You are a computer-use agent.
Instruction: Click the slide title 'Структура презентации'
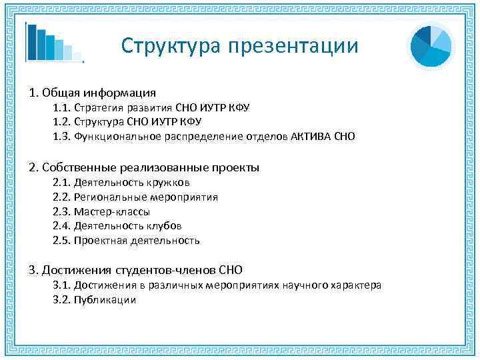pyautogui.click(x=239, y=45)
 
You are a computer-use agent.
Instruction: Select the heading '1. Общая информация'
pyautogui.click(x=92, y=92)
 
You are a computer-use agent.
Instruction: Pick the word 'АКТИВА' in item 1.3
pyautogui.click(x=312, y=137)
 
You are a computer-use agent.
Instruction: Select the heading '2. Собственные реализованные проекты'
pyautogui.click(x=143, y=167)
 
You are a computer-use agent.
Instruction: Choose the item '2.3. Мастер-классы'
pyautogui.click(x=101, y=212)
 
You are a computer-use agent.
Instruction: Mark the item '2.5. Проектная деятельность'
pyautogui.click(x=126, y=241)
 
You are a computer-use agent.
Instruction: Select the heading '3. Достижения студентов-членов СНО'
pyautogui.click(x=135, y=270)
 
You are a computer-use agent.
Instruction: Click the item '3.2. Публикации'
pyautogui.click(x=94, y=300)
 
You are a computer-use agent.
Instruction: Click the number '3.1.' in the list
pyautogui.click(x=61, y=285)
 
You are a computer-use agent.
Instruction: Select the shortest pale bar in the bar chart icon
pyautogui.click(x=77, y=56)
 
